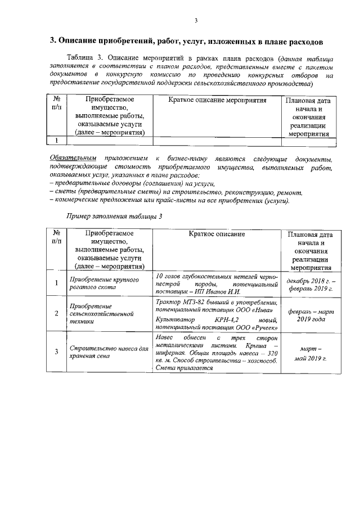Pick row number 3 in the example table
pyautogui.click(x=56, y=352)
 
